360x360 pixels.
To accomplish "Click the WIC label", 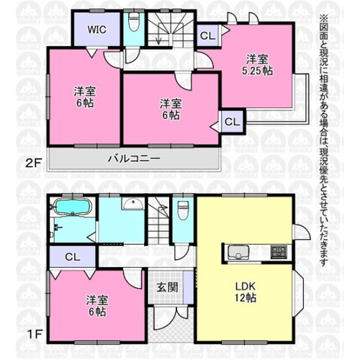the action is (96, 30).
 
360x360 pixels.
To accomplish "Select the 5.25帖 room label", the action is (257, 66).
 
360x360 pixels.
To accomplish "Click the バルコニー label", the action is (134, 158).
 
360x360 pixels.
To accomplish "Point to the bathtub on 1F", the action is (73, 207).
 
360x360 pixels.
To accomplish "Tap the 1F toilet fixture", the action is (183, 210).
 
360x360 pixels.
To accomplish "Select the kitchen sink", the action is (238, 252).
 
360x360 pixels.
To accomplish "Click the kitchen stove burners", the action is (279, 252).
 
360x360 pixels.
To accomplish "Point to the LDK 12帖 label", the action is (246, 292).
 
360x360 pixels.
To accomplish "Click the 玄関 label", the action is (167, 287).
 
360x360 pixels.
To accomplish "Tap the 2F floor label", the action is (33, 163).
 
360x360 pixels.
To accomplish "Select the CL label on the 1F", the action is (73, 257).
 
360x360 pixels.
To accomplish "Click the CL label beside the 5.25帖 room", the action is (207, 36).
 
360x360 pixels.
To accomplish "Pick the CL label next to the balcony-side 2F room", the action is (232, 122).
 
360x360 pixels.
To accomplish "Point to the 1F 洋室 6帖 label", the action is (97, 306).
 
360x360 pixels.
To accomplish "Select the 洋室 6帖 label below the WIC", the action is (85, 97).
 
